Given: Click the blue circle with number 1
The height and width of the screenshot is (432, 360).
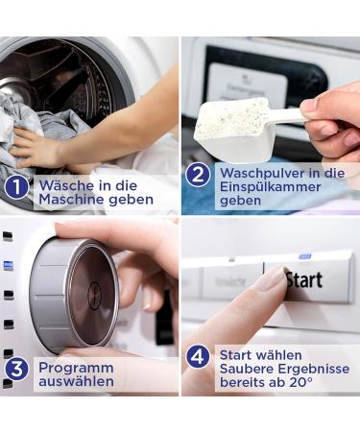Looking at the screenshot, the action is coord(16,187).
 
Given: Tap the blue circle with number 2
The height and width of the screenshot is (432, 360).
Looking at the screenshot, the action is coord(198,175).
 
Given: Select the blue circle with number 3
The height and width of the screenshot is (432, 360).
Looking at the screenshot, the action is coord(16,369).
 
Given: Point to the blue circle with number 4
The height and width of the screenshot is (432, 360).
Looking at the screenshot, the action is coord(198,357).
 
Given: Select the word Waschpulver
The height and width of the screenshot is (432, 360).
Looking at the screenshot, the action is coord(262,173).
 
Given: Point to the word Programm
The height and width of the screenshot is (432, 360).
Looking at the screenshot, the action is coord(76,369).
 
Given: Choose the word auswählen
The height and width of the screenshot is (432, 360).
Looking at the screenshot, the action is coord(76,381).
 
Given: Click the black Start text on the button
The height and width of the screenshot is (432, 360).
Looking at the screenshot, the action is coord(304,280).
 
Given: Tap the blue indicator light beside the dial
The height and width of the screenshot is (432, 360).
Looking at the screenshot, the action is coord(9,265).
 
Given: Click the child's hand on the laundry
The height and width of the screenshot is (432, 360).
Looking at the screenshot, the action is coord(36,147).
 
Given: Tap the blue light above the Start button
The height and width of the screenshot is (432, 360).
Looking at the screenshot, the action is coord(305,256).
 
